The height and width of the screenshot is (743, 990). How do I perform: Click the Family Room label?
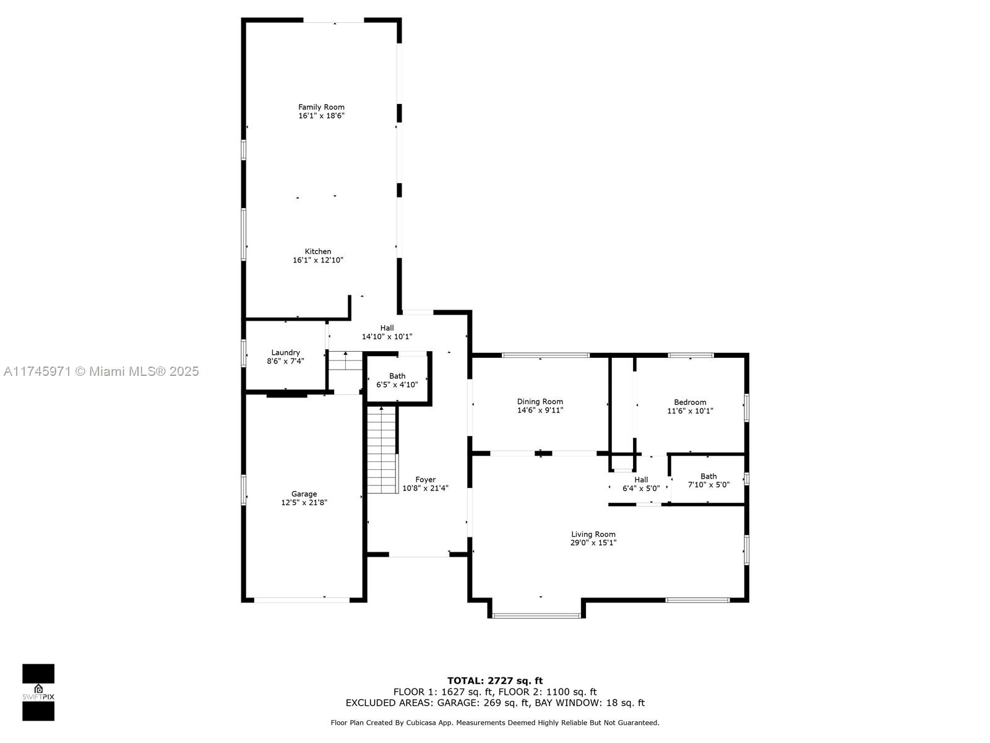[x=321, y=107]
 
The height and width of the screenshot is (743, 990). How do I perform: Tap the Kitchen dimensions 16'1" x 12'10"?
[x=318, y=260]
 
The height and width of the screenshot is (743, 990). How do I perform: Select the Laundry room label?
[x=285, y=352]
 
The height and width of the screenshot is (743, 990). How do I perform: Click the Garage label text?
[x=304, y=493]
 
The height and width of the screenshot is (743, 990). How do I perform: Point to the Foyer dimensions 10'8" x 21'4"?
[x=425, y=488]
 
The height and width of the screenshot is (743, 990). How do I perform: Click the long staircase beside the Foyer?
[x=382, y=450]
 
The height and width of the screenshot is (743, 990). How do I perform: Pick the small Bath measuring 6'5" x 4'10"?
[x=397, y=380]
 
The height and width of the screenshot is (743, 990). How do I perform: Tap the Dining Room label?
[x=540, y=401]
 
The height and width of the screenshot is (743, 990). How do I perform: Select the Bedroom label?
[x=690, y=402]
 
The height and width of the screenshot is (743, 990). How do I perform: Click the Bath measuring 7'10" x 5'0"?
[x=708, y=480]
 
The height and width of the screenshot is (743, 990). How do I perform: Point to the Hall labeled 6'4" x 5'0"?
[x=641, y=484]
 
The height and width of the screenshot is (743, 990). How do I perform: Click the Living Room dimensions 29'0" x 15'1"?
[x=593, y=543]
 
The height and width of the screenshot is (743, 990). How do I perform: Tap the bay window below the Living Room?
[x=536, y=614]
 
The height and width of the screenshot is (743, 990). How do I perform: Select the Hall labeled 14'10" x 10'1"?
[x=387, y=332]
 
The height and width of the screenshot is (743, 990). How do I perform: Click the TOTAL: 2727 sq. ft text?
[x=495, y=680]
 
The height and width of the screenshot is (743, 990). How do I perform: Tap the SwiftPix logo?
[x=38, y=692]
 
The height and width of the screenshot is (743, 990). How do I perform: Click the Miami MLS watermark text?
[x=101, y=371]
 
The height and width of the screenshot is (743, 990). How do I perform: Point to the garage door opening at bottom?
[x=301, y=599]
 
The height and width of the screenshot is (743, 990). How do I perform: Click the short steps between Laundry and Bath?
[x=345, y=361]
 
